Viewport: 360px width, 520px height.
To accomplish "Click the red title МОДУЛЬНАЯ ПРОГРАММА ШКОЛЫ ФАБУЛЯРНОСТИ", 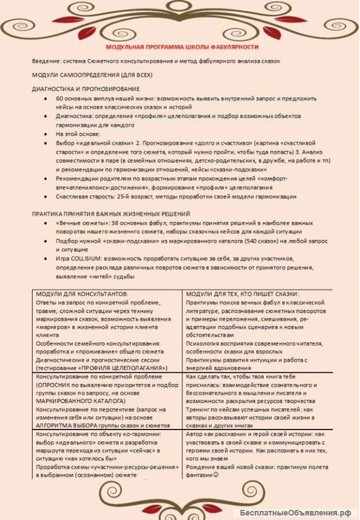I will coord(182,47).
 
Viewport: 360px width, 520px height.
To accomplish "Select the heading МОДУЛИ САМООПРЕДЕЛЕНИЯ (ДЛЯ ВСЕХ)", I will coord(92,75).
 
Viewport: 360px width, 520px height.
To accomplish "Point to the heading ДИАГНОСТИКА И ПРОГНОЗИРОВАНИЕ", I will coord(85,89).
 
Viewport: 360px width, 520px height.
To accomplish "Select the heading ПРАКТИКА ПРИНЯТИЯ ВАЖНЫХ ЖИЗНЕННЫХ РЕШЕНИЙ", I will coord(111,214).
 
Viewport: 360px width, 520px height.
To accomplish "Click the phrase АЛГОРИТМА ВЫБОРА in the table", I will coord(63,426).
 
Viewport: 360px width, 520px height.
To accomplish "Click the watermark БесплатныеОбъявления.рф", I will coord(295,513).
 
